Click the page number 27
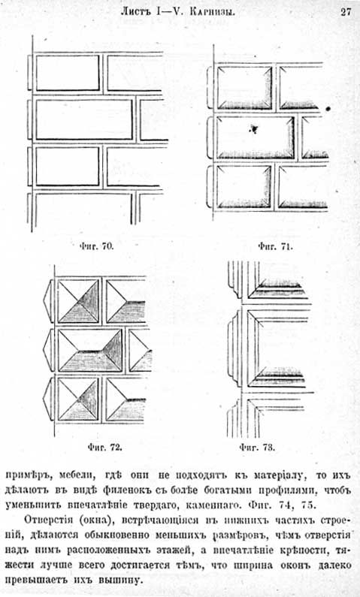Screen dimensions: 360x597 (x=346, y=12)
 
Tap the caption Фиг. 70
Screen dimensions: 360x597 (x=96, y=246)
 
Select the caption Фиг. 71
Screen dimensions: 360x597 (x=276, y=246)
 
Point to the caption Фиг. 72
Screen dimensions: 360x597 (x=104, y=447)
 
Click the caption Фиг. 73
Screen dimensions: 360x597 (x=257, y=447)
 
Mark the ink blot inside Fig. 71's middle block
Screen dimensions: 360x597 (x=253, y=129)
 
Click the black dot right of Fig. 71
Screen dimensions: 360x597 (x=328, y=109)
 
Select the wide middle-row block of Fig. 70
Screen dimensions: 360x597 (x=84, y=119)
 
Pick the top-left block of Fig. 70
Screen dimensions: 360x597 (x=68, y=73)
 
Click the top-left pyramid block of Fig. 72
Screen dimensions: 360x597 (x=78, y=301)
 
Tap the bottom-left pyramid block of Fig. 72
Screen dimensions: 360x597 (x=78, y=400)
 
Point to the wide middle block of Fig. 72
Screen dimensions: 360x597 (x=90, y=351)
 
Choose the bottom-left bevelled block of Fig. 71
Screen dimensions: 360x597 (x=244, y=186)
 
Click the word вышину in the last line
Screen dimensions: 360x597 (x=122, y=581)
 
